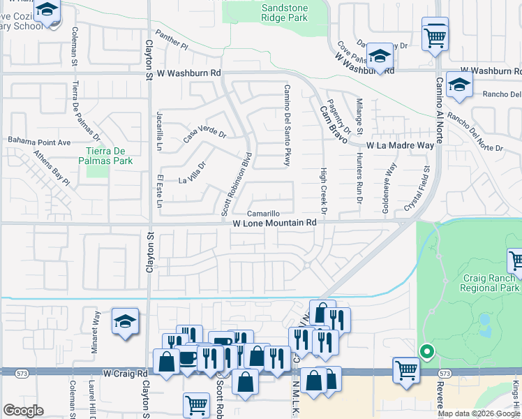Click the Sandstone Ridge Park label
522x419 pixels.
(x=284, y=12)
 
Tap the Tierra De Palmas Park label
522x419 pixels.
(x=109, y=156)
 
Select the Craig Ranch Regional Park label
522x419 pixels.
(x=491, y=282)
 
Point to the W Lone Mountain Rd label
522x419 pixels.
(x=275, y=223)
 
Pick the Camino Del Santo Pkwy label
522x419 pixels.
(x=286, y=126)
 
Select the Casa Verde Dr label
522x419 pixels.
(x=205, y=133)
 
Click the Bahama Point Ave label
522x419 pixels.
(x=40, y=142)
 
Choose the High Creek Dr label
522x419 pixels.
(x=323, y=190)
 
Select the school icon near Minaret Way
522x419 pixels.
(x=125, y=321)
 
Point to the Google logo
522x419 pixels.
(x=23, y=411)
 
